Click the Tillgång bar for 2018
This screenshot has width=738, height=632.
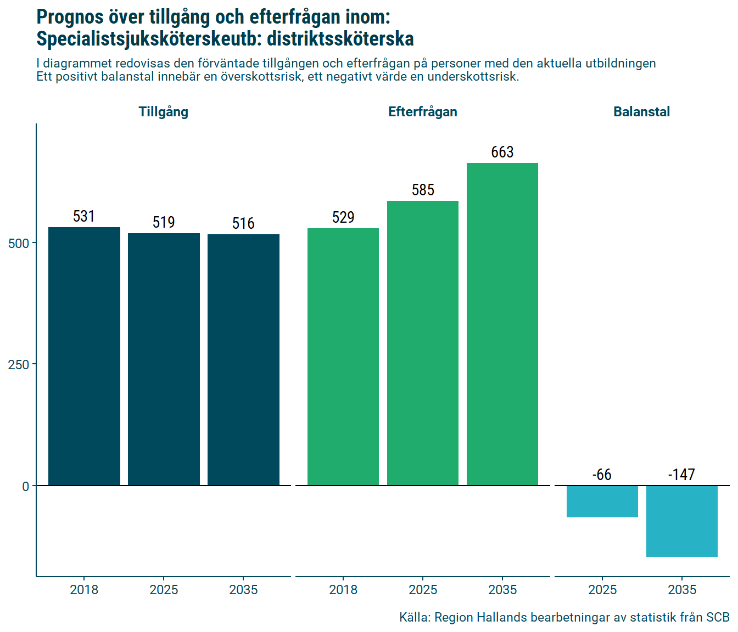[84, 357]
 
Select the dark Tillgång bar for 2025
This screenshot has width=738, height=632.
[164, 359]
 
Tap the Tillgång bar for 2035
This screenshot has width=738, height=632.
[243, 360]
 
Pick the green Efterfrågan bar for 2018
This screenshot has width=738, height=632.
[343, 357]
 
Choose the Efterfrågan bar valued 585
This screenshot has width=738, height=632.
[423, 343]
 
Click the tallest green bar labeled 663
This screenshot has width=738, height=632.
[502, 324]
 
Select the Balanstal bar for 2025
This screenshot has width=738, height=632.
[602, 501]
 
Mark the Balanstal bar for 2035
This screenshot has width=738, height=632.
[682, 521]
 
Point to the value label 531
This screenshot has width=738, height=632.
[84, 216]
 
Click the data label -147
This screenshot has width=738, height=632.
[681, 475]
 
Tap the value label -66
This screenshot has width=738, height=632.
[602, 475]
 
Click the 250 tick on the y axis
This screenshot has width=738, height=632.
[19, 364]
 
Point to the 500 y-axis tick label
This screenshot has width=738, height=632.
[19, 243]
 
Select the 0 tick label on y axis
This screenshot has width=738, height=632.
[25, 486]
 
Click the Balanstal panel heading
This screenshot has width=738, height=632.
[641, 112]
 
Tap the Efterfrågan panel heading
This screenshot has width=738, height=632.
[423, 112]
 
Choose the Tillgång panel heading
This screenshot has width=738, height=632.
[164, 112]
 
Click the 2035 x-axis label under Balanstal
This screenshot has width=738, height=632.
[682, 590]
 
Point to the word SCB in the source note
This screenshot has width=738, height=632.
[718, 617]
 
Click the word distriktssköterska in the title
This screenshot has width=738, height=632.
[340, 39]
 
